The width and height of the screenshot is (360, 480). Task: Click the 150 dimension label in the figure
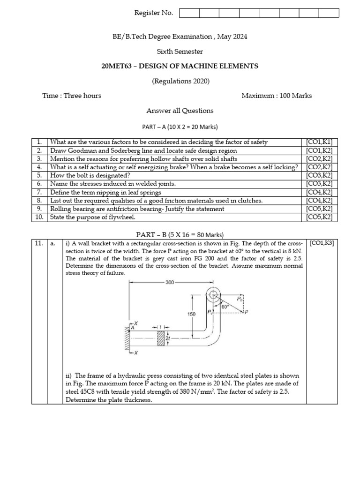pos(192,315)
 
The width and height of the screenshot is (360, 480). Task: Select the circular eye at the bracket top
pos(213,295)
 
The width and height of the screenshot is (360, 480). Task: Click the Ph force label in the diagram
pos(240,298)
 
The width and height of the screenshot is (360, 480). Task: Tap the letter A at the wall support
pos(133,328)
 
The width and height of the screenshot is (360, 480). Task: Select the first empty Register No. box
pos(189,13)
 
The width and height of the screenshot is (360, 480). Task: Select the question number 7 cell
pos(39,192)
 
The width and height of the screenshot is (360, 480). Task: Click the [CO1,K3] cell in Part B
pos(322,244)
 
